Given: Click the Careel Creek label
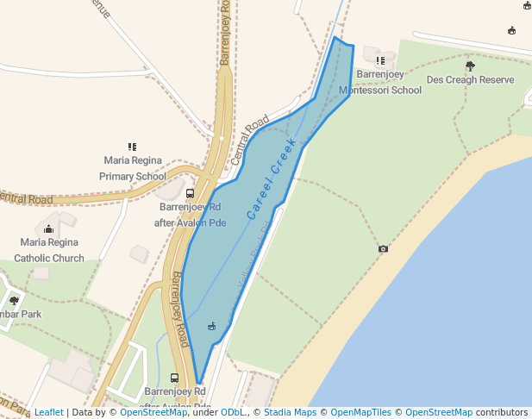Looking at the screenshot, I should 272,178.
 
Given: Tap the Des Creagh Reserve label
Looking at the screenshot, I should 470,79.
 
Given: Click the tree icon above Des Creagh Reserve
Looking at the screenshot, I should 470,66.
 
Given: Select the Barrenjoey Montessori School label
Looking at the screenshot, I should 380,83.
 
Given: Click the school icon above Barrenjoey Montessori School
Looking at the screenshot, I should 380,60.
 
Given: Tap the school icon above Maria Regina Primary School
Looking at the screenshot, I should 133,147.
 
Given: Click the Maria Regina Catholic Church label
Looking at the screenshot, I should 53,250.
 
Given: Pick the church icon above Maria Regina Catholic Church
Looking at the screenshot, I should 48,228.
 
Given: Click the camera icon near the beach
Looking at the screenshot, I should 383,249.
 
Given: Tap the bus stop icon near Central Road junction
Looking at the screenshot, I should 190,193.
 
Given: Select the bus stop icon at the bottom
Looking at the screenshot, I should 175,378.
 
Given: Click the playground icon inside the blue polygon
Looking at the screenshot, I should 211,326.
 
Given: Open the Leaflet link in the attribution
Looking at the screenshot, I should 48,412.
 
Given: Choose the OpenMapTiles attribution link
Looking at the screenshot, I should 360,412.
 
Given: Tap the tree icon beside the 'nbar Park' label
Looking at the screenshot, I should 15,300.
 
